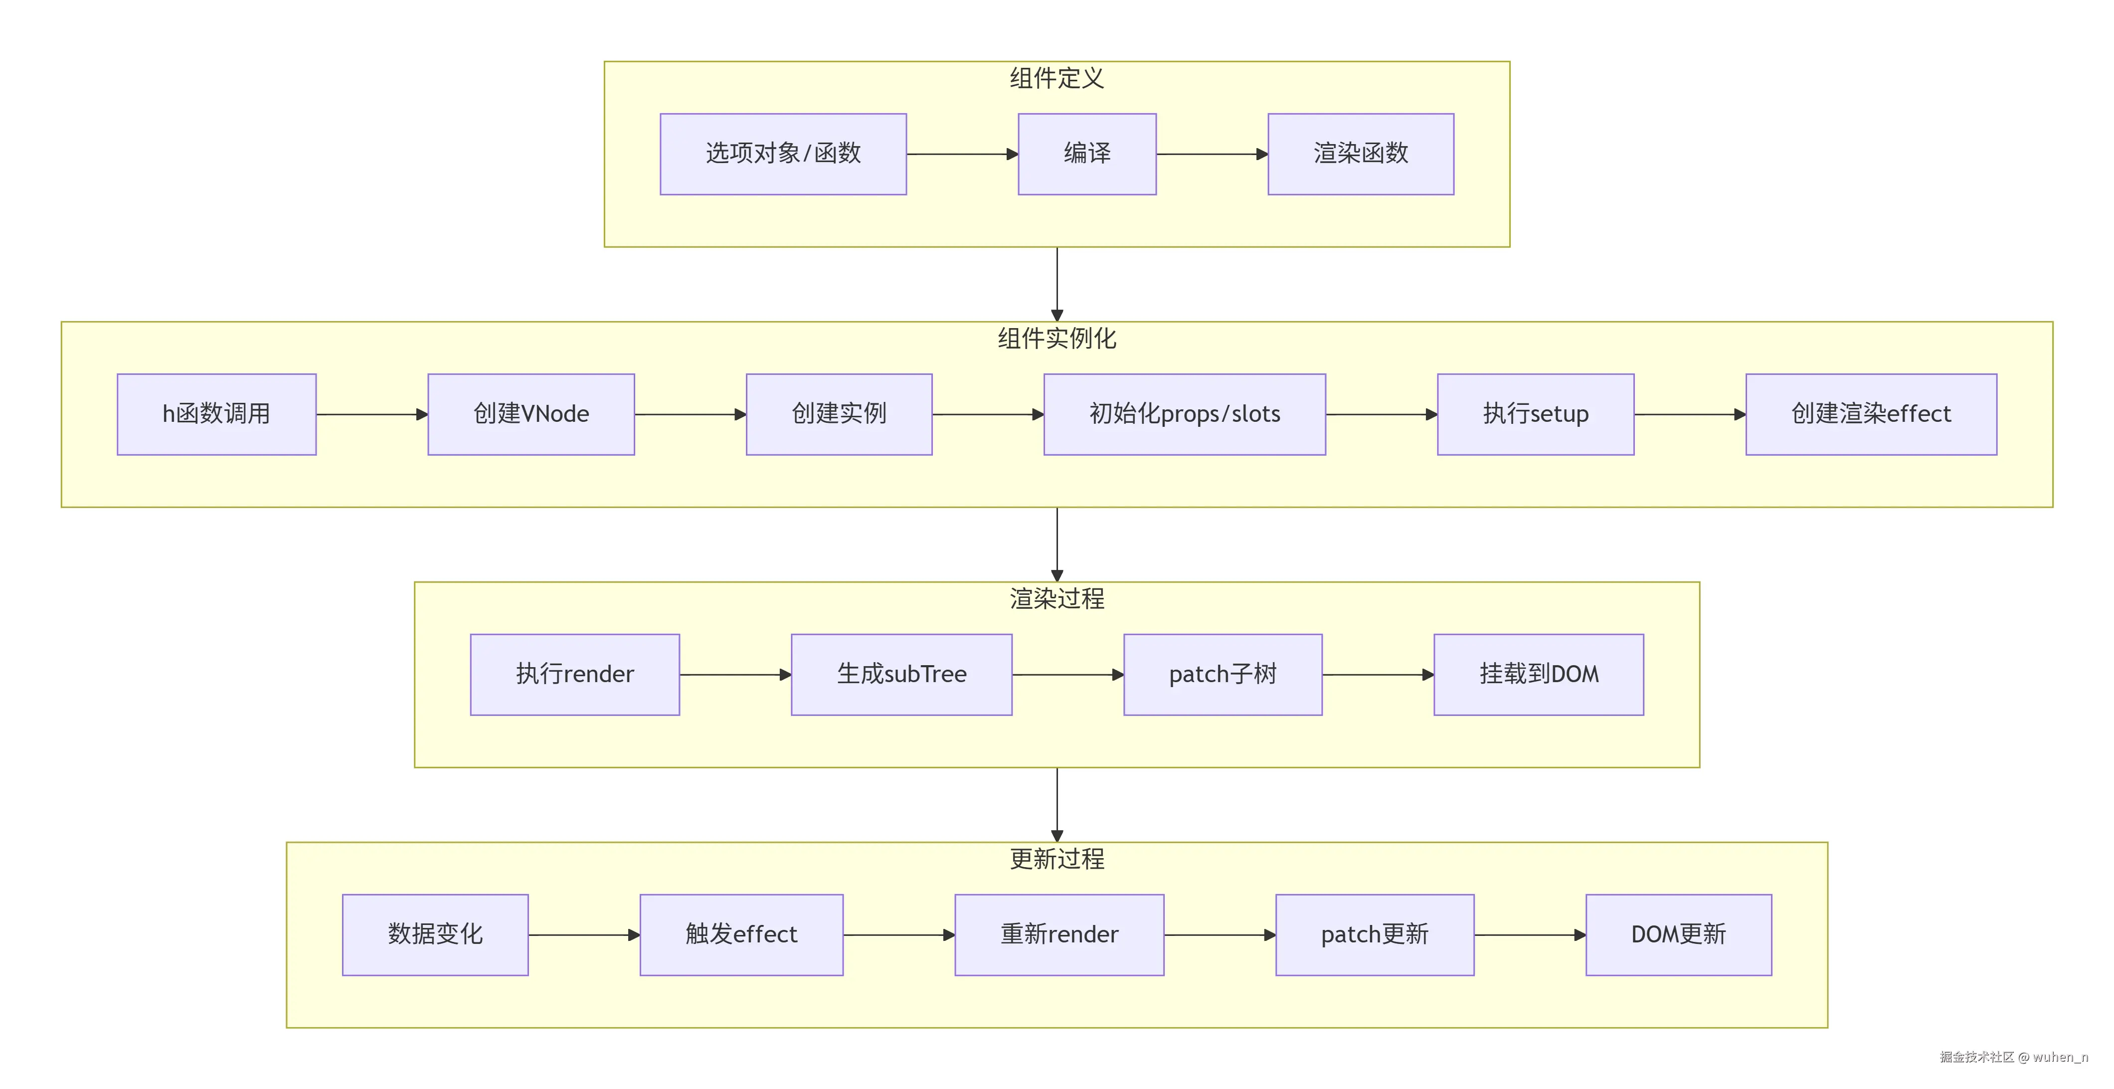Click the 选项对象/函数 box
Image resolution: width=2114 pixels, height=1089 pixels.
(x=783, y=154)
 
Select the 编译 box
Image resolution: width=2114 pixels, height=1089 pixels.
(x=1086, y=154)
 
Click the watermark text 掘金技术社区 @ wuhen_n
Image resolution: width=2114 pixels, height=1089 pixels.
(x=2013, y=1057)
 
